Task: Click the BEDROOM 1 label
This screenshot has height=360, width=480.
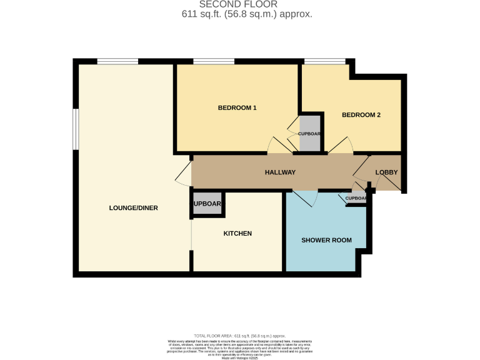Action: click(x=237, y=107)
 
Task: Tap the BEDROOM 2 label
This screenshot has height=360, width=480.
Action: click(x=361, y=115)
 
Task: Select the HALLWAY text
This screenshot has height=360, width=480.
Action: click(x=280, y=172)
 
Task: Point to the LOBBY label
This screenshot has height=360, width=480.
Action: click(x=386, y=172)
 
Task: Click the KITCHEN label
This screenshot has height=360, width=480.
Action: click(x=237, y=233)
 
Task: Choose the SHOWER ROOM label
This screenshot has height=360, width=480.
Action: click(x=326, y=240)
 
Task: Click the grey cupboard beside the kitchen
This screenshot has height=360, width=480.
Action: click(x=207, y=204)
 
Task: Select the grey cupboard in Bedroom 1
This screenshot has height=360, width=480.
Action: click(x=309, y=134)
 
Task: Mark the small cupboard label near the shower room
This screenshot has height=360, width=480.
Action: click(x=356, y=199)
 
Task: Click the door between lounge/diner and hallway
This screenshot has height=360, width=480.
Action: click(x=184, y=172)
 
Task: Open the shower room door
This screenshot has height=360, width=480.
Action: click(x=305, y=199)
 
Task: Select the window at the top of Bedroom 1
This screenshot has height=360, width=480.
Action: click(x=214, y=61)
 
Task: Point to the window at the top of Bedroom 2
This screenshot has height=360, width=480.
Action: click(x=324, y=61)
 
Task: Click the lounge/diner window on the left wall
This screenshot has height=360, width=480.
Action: click(x=75, y=130)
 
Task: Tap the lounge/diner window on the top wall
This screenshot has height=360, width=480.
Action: click(x=117, y=61)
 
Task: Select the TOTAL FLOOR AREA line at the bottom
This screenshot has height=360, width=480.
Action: click(x=239, y=336)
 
